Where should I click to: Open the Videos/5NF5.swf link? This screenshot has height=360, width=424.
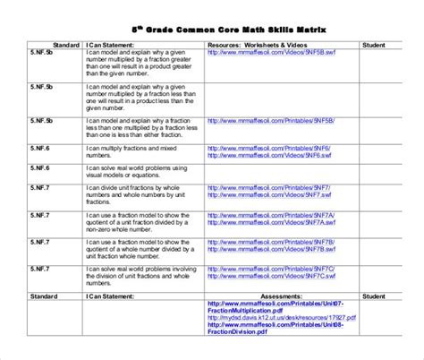tap(266, 52)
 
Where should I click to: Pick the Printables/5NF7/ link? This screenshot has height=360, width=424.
tap(267, 187)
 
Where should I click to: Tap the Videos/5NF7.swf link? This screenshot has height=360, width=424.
tap(266, 195)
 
